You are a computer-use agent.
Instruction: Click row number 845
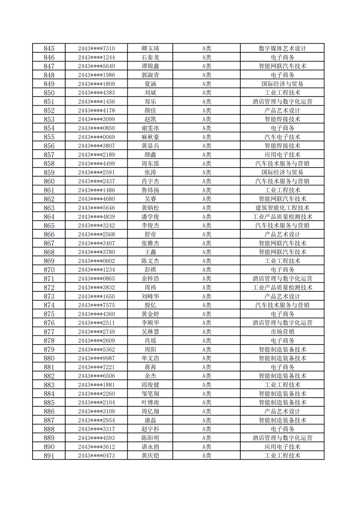click(49, 49)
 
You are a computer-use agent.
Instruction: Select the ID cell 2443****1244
click(96, 57)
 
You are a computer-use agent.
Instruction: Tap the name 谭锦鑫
click(150, 66)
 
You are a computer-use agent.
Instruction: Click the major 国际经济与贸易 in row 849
click(282, 84)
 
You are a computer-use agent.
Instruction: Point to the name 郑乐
click(150, 102)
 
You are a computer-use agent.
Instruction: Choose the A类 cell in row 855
click(206, 137)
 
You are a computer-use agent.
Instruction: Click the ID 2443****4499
click(96, 164)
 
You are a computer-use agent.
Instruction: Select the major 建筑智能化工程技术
click(282, 208)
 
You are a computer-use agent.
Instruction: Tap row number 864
click(49, 217)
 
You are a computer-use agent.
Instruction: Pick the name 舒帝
click(150, 234)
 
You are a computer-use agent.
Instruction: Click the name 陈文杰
click(150, 261)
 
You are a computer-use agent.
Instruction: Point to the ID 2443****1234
click(96, 270)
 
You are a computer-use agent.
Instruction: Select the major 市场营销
click(282, 332)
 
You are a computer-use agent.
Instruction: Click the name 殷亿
click(150, 305)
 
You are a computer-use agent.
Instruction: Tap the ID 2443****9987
click(96, 358)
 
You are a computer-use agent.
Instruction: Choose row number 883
click(49, 385)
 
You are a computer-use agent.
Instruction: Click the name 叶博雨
click(150, 403)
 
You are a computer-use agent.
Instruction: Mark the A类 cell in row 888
click(206, 429)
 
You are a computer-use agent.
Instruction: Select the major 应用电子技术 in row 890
click(282, 447)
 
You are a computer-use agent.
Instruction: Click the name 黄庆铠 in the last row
click(150, 456)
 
